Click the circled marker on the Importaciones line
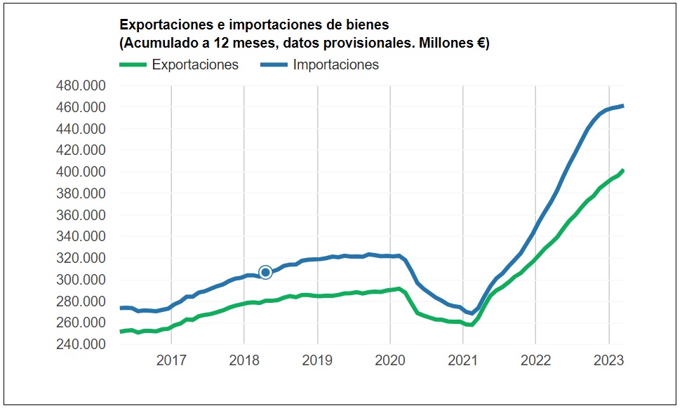[265, 272]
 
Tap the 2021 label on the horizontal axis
[462, 361]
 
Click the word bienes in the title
[364, 25]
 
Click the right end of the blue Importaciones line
[623, 106]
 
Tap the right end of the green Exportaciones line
[623, 170]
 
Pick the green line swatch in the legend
[133, 65]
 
